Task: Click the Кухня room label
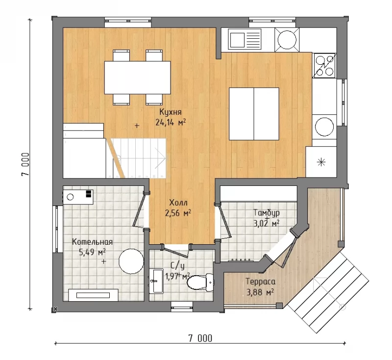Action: click(171, 112)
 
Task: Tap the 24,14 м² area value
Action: click(171, 122)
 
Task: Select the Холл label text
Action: click(178, 203)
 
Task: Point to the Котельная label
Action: click(92, 242)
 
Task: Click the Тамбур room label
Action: click(267, 213)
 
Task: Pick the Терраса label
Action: click(261, 282)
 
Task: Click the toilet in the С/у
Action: click(200, 283)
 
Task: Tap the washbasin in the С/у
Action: click(157, 281)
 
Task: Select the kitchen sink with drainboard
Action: click(245, 39)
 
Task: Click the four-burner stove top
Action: click(324, 66)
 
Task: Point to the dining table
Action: click(138, 77)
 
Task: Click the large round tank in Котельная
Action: click(131, 261)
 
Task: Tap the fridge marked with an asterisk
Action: click(321, 162)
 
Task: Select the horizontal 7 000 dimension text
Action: click(200, 338)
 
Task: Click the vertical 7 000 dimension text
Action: click(25, 164)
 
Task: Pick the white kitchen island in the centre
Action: click(254, 114)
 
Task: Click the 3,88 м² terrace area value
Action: click(260, 292)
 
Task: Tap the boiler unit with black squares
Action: click(78, 197)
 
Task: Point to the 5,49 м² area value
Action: click(92, 252)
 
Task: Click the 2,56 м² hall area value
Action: click(178, 213)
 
